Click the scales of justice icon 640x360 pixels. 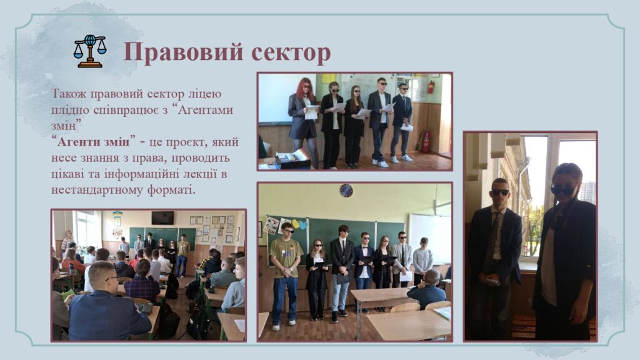[90, 51]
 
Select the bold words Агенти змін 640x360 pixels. [94, 142]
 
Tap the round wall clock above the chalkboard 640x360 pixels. [346, 190]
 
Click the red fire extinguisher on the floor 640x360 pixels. [425, 141]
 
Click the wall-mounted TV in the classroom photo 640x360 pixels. [162, 217]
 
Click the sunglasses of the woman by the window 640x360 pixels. [563, 190]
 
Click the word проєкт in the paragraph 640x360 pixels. [181, 142]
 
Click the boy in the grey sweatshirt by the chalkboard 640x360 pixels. [423, 261]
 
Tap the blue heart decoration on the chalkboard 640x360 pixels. [302, 224]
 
